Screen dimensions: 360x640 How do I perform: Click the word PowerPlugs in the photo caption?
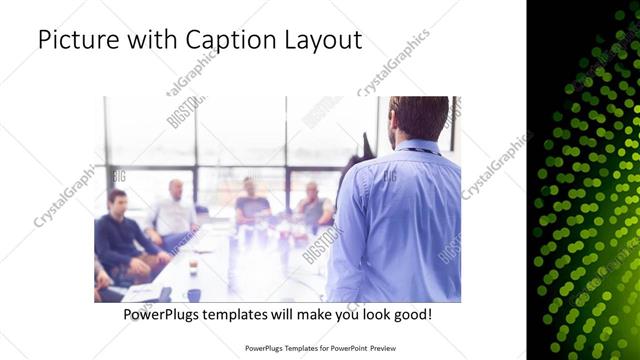[x=162, y=314]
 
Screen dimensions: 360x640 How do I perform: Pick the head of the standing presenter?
[x=419, y=117]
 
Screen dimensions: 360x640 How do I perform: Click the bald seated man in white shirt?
[x=174, y=210]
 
